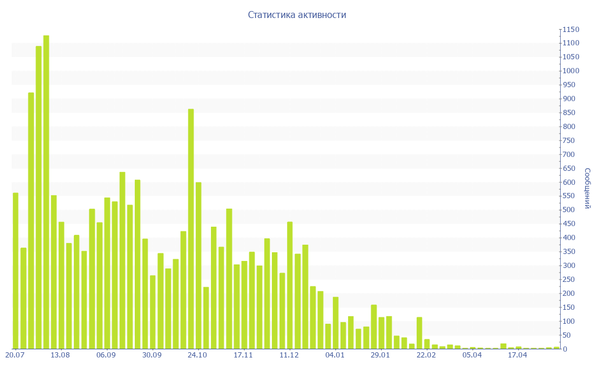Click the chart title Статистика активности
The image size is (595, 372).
click(297, 15)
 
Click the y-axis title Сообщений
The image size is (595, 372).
click(587, 188)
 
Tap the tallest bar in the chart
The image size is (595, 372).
click(46, 192)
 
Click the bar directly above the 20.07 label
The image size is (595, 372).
click(16, 271)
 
